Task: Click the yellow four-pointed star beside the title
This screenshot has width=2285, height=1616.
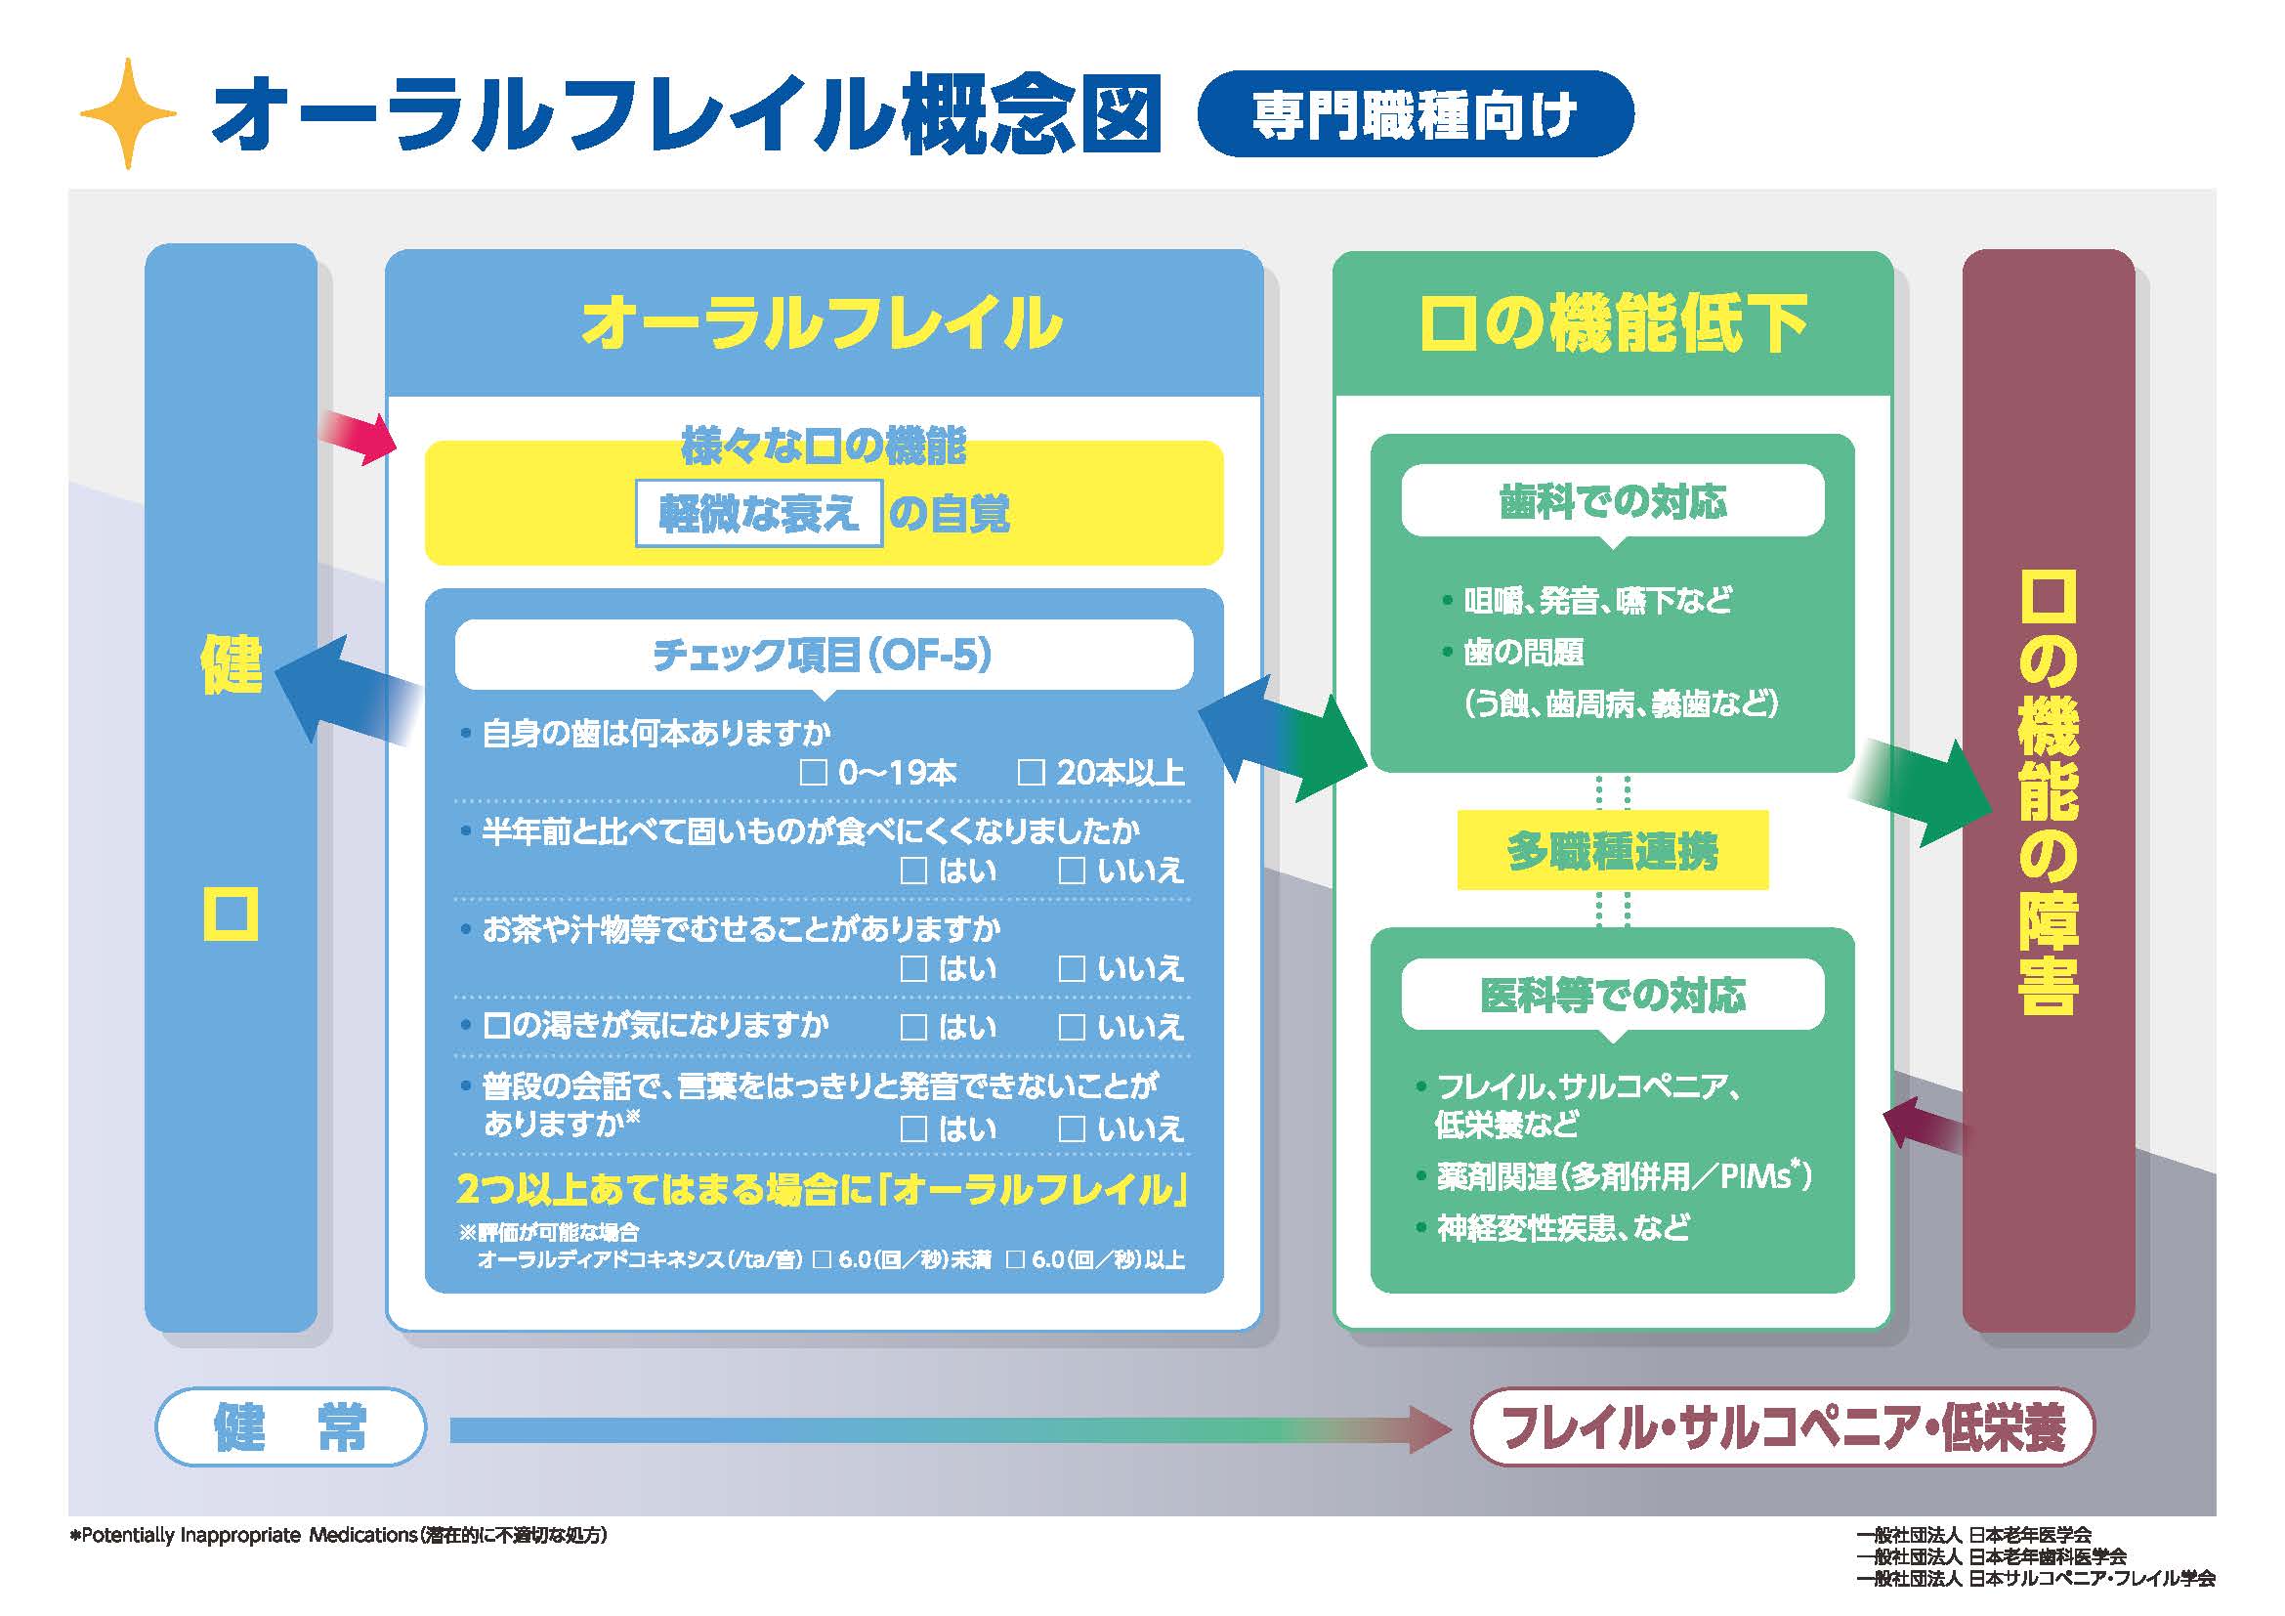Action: point(127,113)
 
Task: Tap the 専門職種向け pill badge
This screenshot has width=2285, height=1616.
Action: point(1415,114)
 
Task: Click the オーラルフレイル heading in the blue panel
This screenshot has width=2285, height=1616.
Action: point(822,323)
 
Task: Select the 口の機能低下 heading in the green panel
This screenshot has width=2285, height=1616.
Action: point(1612,324)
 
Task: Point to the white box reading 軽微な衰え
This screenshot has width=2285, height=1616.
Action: point(758,514)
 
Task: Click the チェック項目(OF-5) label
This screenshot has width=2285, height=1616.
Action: point(823,655)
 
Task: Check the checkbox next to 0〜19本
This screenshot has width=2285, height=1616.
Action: point(813,773)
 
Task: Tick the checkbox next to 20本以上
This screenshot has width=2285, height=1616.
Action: point(1031,773)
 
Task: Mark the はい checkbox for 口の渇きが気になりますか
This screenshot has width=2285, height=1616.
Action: point(912,1027)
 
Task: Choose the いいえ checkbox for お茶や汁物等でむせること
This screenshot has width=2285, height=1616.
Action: point(1071,969)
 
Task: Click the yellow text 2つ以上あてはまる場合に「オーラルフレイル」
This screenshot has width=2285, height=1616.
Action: point(822,1190)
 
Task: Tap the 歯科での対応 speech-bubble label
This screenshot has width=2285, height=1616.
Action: point(1612,501)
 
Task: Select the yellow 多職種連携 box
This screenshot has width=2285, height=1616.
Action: point(1612,851)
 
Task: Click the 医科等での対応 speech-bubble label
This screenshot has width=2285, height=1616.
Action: point(1612,995)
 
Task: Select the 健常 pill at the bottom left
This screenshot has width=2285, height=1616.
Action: point(290,1425)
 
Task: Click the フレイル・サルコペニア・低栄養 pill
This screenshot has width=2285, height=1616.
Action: point(1783,1425)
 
